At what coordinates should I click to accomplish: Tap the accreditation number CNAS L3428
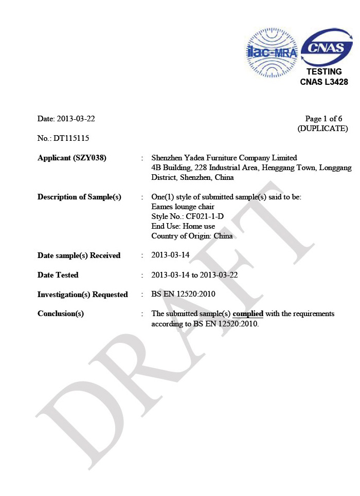323,82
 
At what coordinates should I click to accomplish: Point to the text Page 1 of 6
323,119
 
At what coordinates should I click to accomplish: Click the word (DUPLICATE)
322,128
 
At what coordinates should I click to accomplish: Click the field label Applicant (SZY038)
72,158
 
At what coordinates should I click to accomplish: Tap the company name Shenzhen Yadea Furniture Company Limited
224,158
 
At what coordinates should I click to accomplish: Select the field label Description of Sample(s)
79,197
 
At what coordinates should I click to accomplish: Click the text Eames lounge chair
179,207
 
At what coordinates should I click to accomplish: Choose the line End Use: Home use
183,226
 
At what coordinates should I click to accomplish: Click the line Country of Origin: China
192,236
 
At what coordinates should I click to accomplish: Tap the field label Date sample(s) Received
79,255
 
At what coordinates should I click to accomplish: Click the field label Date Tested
58,275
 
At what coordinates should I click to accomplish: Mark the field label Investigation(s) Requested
82,295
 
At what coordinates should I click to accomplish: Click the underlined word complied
248,314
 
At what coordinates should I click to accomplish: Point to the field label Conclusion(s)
61,314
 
